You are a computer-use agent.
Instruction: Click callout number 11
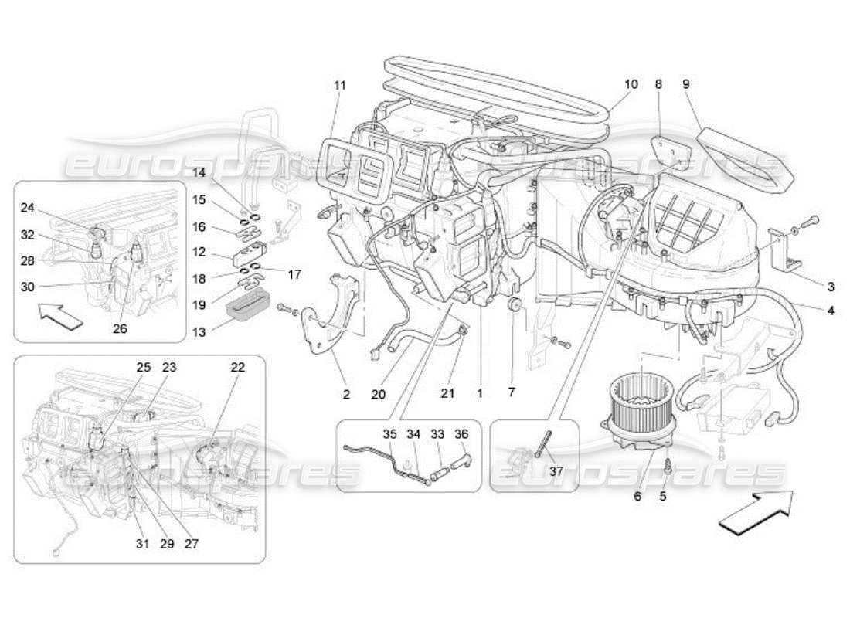339,86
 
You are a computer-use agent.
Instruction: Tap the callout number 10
631,83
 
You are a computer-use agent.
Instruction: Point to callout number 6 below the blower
637,496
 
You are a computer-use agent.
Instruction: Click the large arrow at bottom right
756,512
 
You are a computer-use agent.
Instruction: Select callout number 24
28,207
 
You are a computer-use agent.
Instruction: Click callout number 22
237,368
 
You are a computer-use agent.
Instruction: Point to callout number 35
389,435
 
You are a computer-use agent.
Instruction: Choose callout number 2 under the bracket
346,394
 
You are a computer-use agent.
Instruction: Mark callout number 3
831,287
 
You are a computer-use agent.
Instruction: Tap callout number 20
378,394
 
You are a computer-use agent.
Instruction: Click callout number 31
141,543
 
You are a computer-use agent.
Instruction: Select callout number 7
511,392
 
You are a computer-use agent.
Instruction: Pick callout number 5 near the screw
662,496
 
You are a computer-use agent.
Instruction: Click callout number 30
28,287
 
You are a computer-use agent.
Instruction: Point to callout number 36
462,435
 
